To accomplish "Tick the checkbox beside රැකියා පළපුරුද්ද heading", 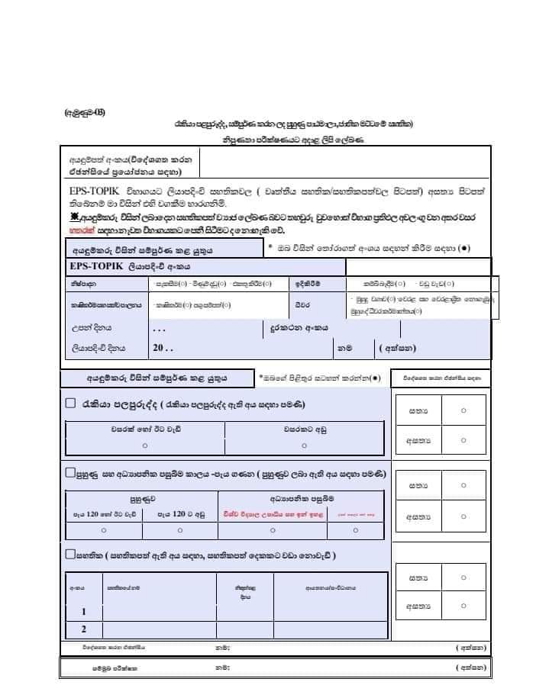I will [x=70, y=404].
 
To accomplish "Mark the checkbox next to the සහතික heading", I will [x=70, y=554].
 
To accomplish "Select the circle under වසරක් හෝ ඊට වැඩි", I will [x=145, y=445].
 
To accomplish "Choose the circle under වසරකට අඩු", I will [x=304, y=445].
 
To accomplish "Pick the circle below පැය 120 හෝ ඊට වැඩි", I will [x=105, y=529].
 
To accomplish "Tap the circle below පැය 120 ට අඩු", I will [x=180, y=529].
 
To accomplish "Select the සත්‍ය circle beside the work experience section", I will [x=463, y=410].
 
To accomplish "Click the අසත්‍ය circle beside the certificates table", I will [x=463, y=606].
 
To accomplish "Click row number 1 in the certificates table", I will [x=84, y=612].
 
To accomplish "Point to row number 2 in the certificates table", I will [x=84, y=629].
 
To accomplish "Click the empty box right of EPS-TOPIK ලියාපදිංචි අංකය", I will [x=418, y=266].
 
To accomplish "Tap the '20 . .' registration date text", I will [x=163, y=347].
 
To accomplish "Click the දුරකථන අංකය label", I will [x=299, y=327].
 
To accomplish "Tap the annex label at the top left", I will [x=86, y=112].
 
